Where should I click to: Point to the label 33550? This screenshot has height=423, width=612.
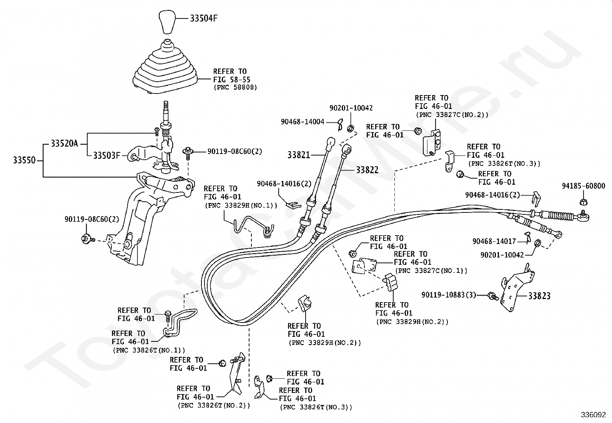pos(24,160)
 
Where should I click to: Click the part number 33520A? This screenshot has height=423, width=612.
pos(65,144)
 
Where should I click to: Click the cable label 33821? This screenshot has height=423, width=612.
pos(299,155)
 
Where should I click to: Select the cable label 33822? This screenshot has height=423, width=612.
pos(367,170)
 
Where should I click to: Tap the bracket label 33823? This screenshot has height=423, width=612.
pos(539,296)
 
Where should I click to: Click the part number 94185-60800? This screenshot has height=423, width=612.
pos(583,186)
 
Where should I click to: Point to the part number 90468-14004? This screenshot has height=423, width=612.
pos(303,122)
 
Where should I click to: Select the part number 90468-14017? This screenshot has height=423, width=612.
pos(494,241)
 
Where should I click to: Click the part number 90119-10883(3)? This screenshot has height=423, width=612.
pos(449,295)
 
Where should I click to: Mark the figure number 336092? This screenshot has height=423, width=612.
pos(593,415)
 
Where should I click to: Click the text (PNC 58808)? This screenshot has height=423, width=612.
pos(235,87)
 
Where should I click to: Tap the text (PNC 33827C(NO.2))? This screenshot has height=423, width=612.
pos(452,114)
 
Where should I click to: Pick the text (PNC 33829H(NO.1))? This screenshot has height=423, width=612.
pos(241,205)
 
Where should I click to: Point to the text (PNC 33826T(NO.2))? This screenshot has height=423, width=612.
pos(214,405)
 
